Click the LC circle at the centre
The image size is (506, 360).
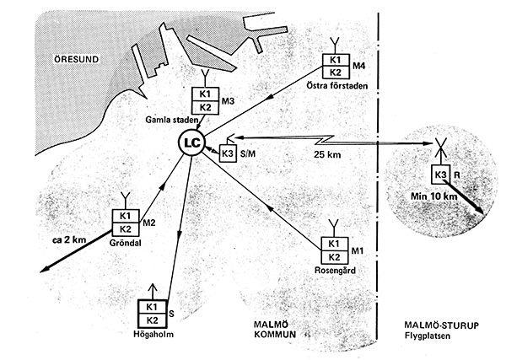(191, 142)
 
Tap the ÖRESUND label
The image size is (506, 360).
(76, 59)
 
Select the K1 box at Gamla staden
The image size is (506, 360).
(205, 94)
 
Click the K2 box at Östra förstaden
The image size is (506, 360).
(336, 73)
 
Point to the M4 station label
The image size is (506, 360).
(358, 66)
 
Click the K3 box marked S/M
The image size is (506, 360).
(228, 153)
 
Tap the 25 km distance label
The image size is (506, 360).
(327, 154)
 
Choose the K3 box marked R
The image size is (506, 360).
(441, 175)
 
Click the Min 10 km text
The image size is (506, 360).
(433, 196)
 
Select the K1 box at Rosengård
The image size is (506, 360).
(334, 244)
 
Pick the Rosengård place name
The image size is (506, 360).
(335, 270)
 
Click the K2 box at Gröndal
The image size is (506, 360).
(126, 229)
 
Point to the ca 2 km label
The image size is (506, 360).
(69, 240)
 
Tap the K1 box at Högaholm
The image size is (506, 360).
(152, 307)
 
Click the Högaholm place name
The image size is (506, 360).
(153, 334)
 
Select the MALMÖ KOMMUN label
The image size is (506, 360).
(275, 330)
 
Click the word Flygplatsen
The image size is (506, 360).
(428, 336)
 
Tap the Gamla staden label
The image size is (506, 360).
(172, 120)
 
